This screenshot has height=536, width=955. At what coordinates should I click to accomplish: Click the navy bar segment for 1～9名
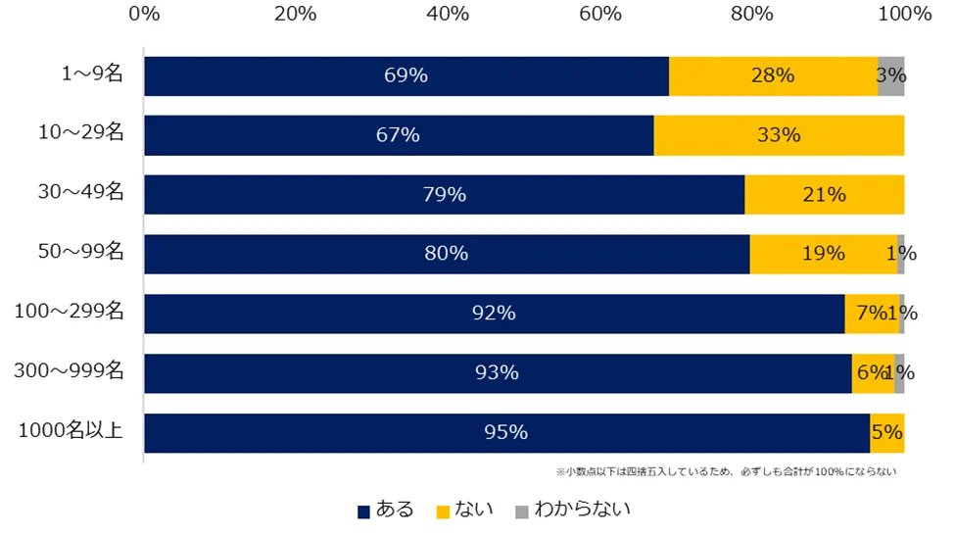click(x=406, y=76)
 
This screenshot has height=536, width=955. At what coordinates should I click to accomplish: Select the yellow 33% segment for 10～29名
click(x=779, y=135)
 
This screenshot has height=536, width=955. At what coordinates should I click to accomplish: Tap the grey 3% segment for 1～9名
click(x=890, y=76)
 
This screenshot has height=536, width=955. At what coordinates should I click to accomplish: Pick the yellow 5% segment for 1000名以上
click(x=886, y=432)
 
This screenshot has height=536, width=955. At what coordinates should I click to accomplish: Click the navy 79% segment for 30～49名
click(x=444, y=195)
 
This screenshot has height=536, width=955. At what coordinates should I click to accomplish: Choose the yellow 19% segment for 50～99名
click(x=823, y=254)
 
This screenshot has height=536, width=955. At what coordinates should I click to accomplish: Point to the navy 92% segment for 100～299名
click(x=494, y=314)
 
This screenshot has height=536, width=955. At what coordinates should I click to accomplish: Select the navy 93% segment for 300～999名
click(x=498, y=372)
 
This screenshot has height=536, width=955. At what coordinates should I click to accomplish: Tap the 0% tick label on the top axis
click(x=144, y=14)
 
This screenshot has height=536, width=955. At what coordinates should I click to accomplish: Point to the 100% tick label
click(x=903, y=14)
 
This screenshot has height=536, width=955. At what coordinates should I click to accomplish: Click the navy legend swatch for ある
click(x=364, y=511)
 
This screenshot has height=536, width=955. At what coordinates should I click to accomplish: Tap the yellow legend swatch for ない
click(x=443, y=511)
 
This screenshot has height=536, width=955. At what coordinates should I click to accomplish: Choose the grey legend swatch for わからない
click(x=522, y=511)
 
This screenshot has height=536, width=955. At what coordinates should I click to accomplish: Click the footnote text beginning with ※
click(x=726, y=471)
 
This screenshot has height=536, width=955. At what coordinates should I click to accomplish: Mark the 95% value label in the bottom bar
click(x=506, y=432)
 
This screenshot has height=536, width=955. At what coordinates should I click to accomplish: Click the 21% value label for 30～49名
click(x=824, y=195)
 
